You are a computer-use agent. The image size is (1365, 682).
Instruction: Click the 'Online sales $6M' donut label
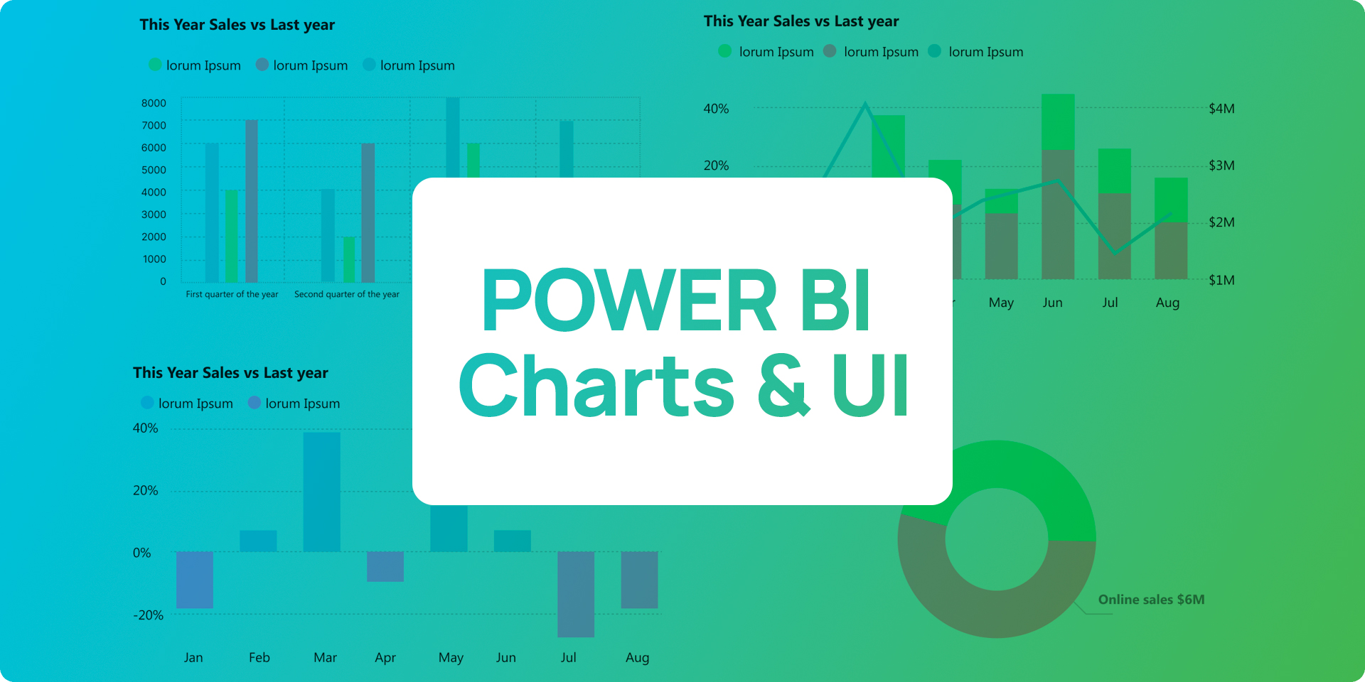(x=1151, y=600)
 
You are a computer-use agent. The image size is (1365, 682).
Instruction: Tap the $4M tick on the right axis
(x=1221, y=109)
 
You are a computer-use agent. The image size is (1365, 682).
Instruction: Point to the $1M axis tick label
(x=1221, y=280)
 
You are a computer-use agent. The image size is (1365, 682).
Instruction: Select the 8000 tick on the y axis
(x=154, y=103)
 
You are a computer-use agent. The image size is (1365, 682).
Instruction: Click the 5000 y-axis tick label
(x=154, y=170)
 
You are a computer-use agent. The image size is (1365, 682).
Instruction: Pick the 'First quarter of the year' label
(x=232, y=294)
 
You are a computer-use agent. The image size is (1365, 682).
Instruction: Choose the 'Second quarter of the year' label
(x=347, y=294)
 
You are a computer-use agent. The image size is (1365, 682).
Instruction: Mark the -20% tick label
(x=148, y=615)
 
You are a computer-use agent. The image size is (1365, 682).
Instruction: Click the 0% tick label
(x=142, y=553)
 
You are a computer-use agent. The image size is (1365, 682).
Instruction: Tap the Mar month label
(x=325, y=658)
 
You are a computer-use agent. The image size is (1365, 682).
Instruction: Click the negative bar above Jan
(x=195, y=580)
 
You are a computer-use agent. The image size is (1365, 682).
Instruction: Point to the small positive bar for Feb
(x=258, y=541)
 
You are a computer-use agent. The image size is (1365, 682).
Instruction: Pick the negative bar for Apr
(x=385, y=566)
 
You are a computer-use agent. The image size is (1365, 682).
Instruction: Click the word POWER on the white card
(x=629, y=301)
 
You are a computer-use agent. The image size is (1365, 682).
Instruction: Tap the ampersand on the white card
(x=783, y=385)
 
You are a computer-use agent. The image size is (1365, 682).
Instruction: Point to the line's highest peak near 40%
(x=865, y=104)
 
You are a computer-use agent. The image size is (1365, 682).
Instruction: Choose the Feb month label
(x=259, y=658)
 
